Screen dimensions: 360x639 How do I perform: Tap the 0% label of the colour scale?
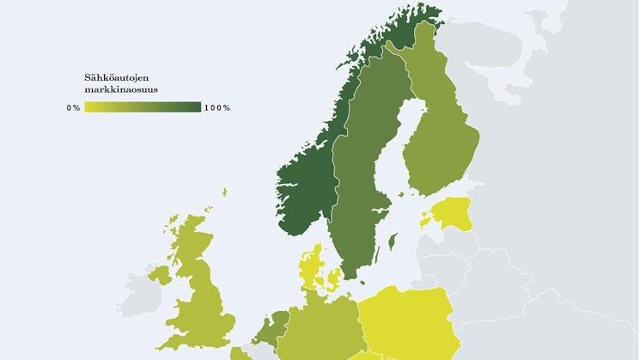pyautogui.click(x=73, y=107)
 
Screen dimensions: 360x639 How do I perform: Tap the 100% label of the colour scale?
pyautogui.click(x=217, y=107)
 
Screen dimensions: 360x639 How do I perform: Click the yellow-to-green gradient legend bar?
pyautogui.click(x=143, y=107)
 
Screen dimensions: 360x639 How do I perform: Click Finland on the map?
pyautogui.click(x=438, y=129)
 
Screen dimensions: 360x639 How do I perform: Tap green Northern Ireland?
pyautogui.click(x=161, y=275)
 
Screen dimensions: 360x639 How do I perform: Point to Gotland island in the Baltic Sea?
pyautogui.click(x=393, y=241)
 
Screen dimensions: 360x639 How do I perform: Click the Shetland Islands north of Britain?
pyautogui.click(x=224, y=192)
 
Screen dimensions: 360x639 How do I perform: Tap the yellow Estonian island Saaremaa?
pyautogui.click(x=424, y=221)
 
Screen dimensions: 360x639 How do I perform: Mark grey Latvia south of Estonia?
pyautogui.click(x=447, y=245)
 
